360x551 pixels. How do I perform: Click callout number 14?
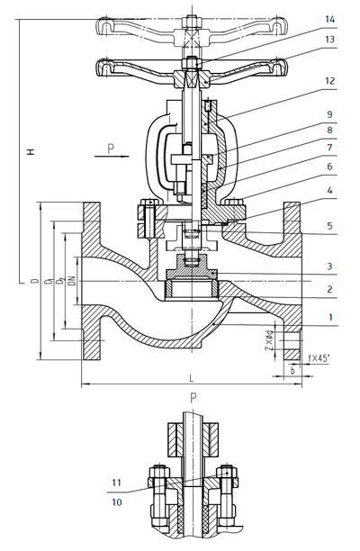pos(330,18)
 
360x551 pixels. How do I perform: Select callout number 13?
pos(330,41)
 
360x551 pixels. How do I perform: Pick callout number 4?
pos(330,190)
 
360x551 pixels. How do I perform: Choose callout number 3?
pos(330,266)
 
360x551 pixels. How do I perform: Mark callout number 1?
pos(330,318)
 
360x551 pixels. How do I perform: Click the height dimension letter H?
pos(30,153)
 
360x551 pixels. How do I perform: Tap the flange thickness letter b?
pos(292,369)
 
